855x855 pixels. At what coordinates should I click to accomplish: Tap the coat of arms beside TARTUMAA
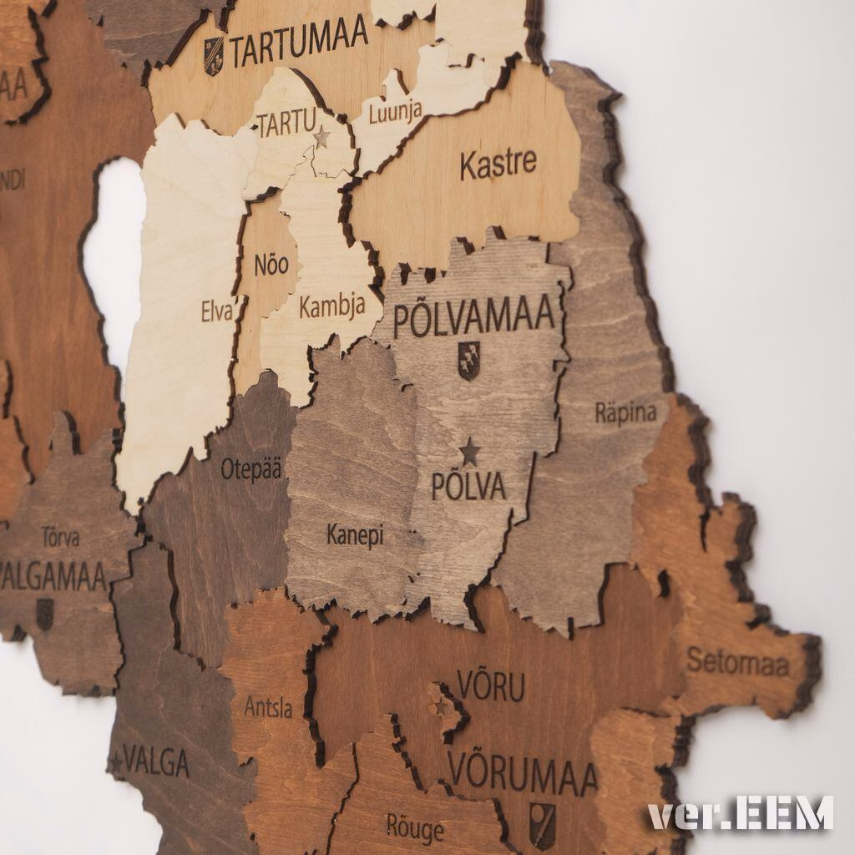[x=214, y=55]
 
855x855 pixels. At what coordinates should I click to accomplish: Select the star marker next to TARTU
[x=321, y=137]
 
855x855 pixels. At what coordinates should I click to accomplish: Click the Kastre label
[x=498, y=163]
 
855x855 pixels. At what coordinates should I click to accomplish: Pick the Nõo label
[x=271, y=266]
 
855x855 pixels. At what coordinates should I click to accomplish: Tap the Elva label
[x=217, y=311]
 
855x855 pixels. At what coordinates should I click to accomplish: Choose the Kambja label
[x=331, y=306]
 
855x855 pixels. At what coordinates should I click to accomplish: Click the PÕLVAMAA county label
[x=473, y=318]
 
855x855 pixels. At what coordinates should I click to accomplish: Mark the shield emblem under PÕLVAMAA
[x=468, y=361]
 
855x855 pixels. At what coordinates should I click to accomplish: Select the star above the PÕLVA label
[x=470, y=452]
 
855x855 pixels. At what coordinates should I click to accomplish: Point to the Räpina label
[x=625, y=412]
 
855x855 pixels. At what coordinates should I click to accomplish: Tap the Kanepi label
[x=355, y=535]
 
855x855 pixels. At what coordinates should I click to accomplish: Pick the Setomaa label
[x=737, y=663]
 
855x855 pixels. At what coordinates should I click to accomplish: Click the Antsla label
[x=268, y=708]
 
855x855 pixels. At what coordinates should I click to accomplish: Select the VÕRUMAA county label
[x=523, y=775]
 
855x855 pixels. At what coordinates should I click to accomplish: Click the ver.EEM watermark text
[x=741, y=813]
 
